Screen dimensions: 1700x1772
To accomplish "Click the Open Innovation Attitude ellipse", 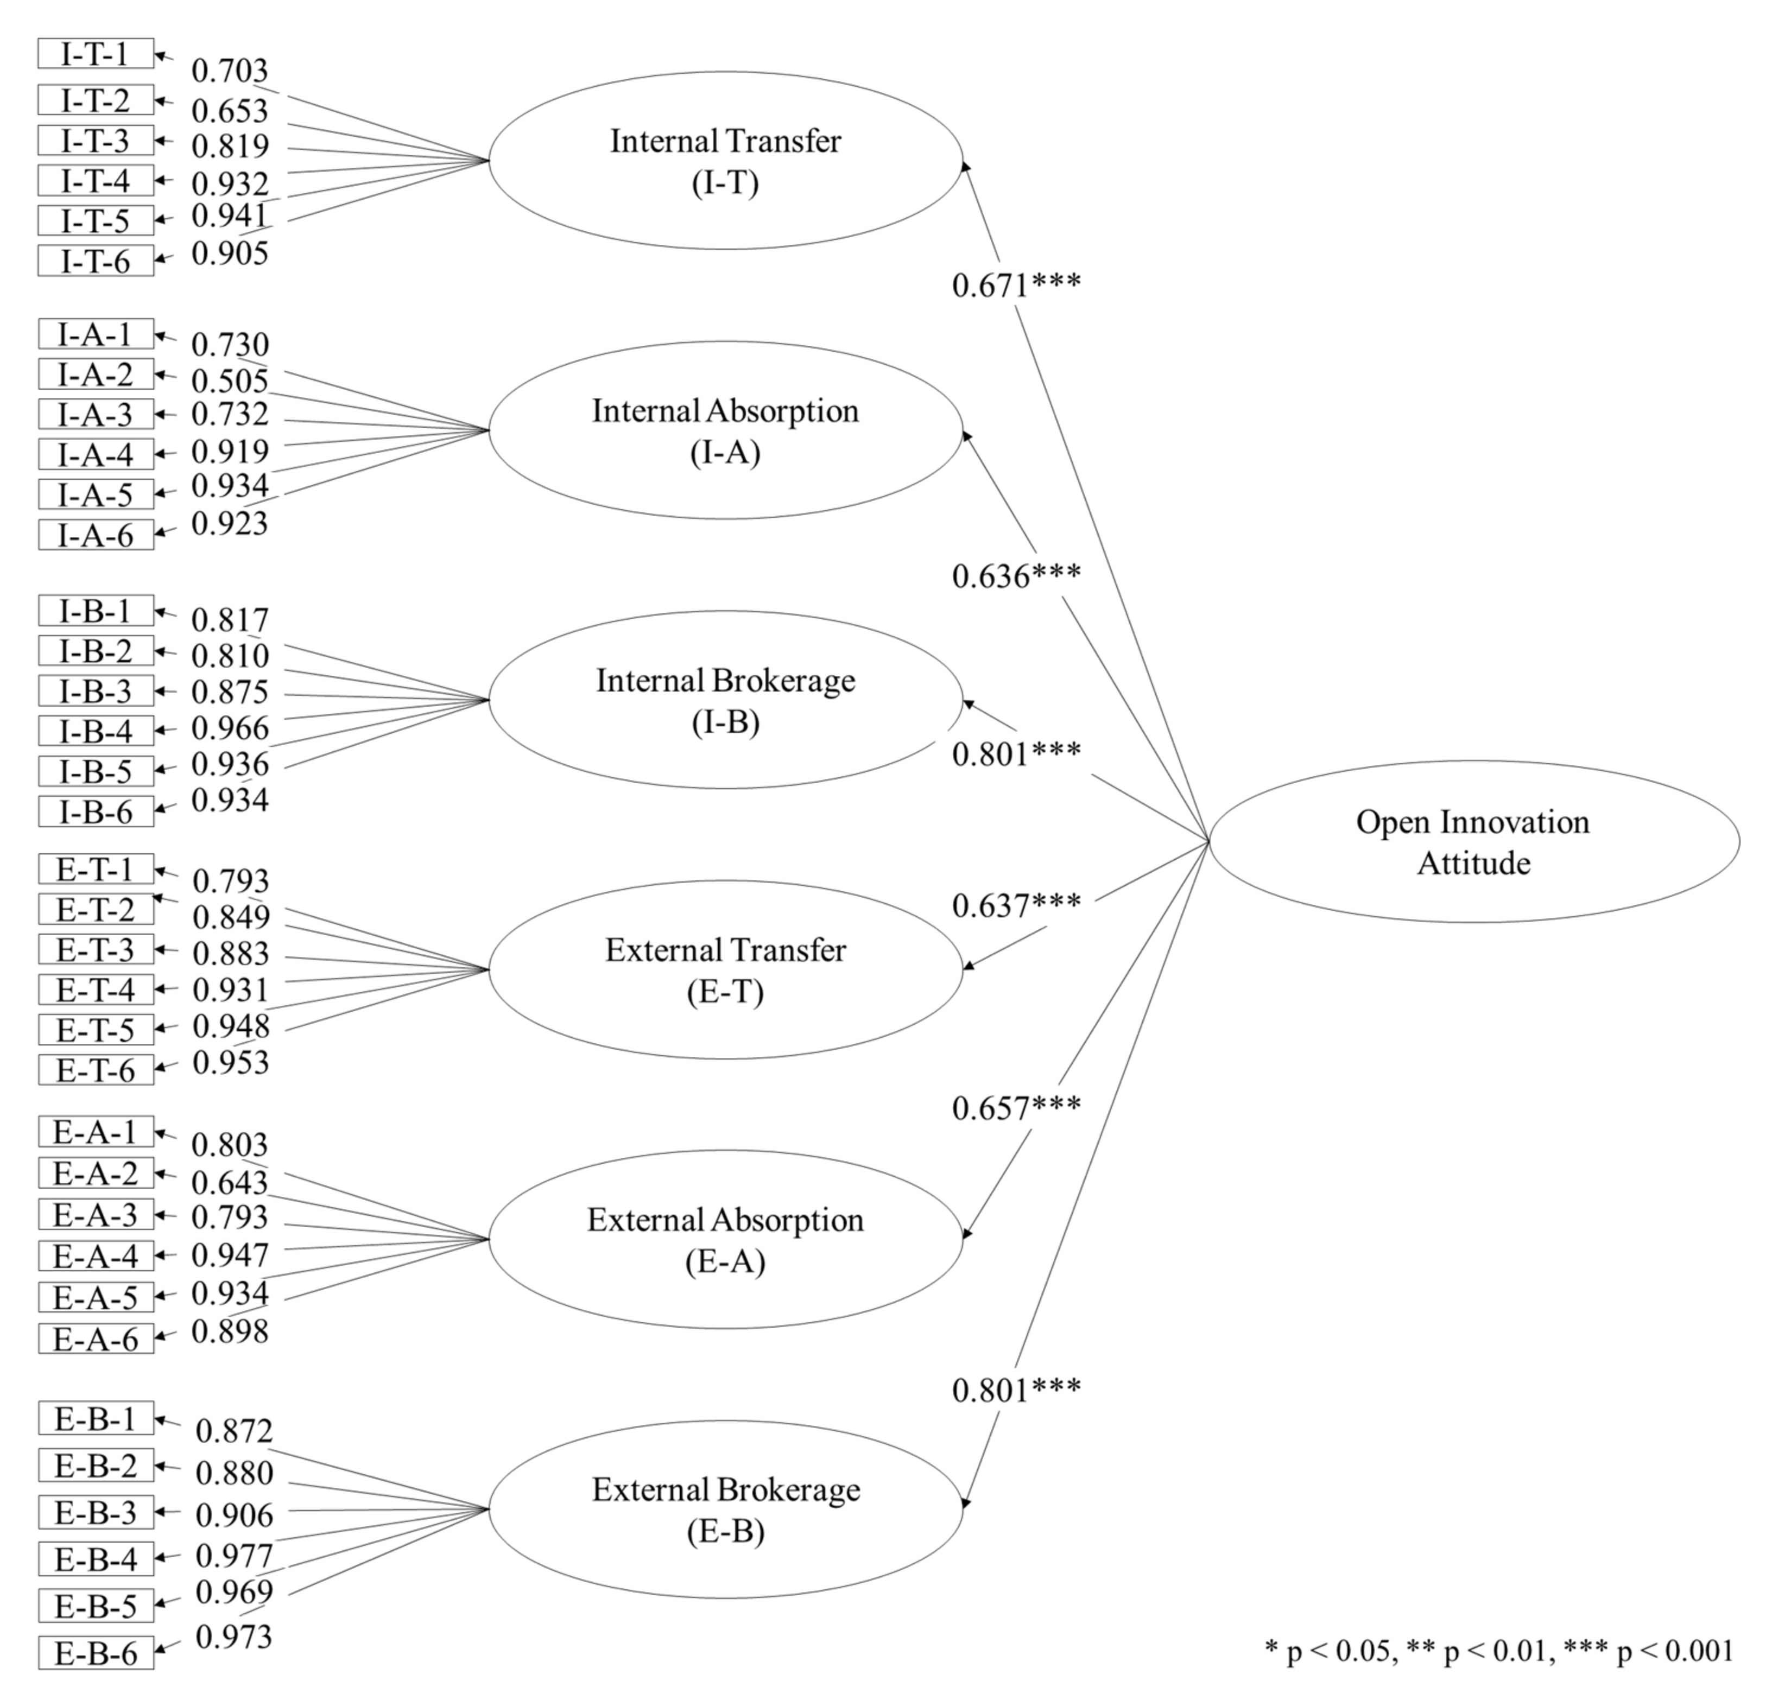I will point(1473,841).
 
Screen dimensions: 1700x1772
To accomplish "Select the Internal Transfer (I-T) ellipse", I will point(726,161).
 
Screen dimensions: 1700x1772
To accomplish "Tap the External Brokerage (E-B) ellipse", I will point(726,1509).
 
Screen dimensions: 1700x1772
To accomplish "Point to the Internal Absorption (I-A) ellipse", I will point(726,430).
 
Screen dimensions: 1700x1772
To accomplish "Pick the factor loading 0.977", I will point(234,1556).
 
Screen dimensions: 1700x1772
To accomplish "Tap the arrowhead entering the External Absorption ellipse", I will point(966,1234).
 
